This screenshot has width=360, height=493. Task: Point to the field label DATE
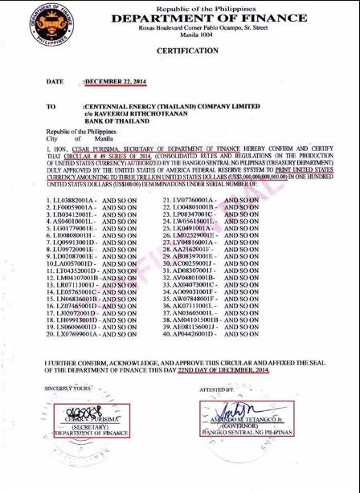[55, 82]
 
